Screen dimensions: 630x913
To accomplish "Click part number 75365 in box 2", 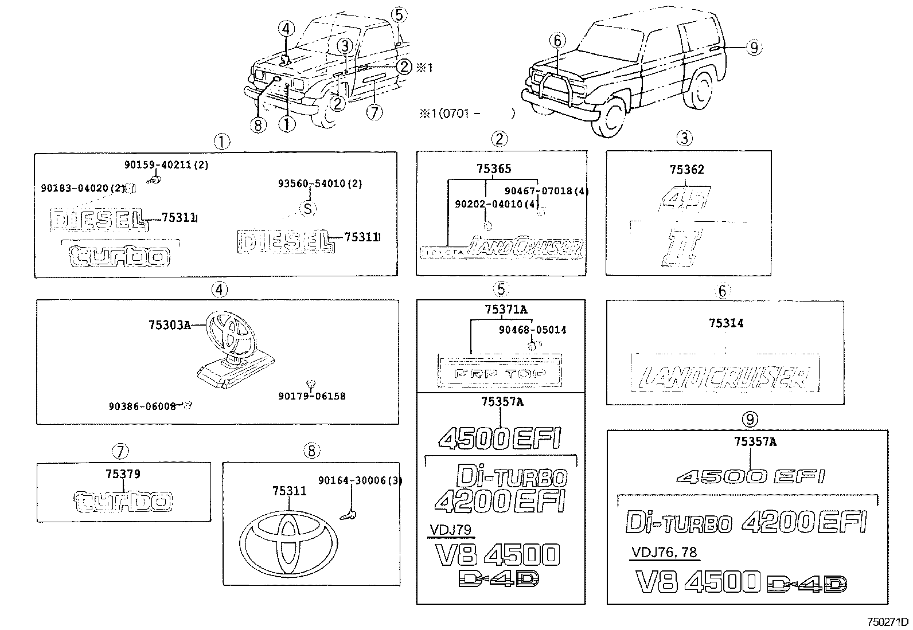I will (x=493, y=169).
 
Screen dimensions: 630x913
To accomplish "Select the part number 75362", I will (x=686, y=170).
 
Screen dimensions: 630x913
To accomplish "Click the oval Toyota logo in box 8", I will (x=288, y=543).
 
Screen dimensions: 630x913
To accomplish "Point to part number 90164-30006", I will (x=360, y=481).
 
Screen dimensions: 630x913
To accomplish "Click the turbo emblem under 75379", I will (x=123, y=502).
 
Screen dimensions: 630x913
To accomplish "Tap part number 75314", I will (x=725, y=323).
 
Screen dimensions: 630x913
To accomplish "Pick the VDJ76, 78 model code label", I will (x=664, y=553).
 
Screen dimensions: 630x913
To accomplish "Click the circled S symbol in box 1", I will (x=308, y=208).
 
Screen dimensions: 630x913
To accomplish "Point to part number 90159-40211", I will (x=166, y=164).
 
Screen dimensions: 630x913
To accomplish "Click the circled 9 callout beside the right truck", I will (x=754, y=48).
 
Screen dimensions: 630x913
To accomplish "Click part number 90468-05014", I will (x=532, y=330).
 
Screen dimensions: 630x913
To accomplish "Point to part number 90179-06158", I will (x=312, y=396).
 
